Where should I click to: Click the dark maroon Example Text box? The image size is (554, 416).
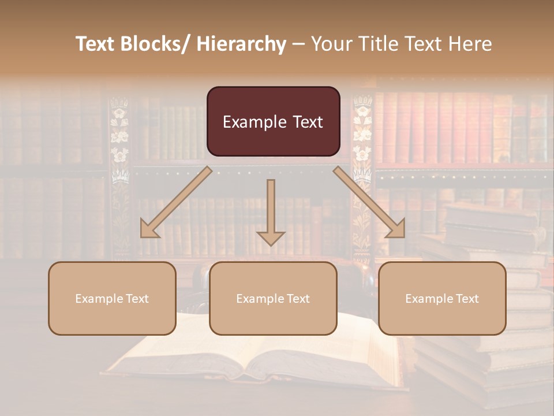point(273,121)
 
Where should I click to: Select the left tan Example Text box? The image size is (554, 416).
point(112,298)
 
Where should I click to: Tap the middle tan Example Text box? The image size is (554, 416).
point(273,298)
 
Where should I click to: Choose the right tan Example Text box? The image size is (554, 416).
point(442,298)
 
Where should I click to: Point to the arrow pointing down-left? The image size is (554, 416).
point(176,202)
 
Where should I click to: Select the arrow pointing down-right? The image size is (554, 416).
point(370,202)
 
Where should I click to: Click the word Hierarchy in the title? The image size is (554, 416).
point(241,44)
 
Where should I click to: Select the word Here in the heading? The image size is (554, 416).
point(470,44)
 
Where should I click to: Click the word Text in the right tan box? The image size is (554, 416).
point(467,298)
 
